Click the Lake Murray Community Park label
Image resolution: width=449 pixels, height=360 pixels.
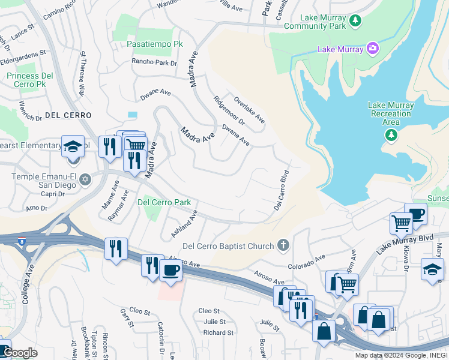click(315, 22)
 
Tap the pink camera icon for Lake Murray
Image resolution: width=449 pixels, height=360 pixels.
click(373, 47)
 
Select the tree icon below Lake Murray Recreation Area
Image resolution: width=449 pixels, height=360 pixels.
click(391, 135)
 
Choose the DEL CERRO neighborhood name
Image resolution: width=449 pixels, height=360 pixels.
click(68, 115)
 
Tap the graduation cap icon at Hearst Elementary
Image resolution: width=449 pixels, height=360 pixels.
click(73, 146)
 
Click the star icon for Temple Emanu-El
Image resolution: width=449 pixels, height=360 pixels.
click(85, 179)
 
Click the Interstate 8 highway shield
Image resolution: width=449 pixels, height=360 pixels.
click(22, 241)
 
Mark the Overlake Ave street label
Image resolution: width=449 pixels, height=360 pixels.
click(249, 110)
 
